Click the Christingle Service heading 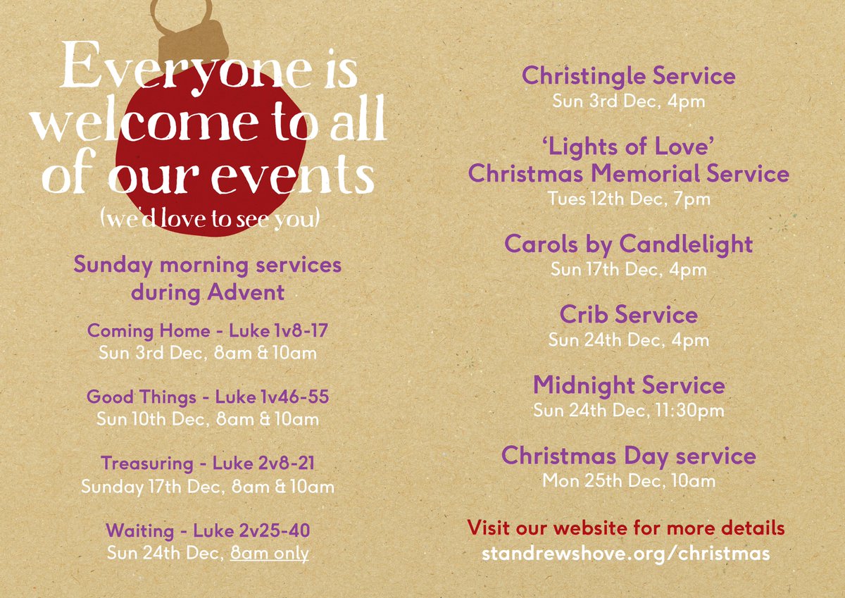(x=628, y=76)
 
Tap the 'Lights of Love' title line (x=628, y=147)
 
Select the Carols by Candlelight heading (x=628, y=244)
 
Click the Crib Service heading (x=628, y=314)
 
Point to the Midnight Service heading (x=628, y=385)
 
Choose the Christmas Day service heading (x=628, y=456)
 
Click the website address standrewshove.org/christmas (x=626, y=554)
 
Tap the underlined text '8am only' (x=270, y=553)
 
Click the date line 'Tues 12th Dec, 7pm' (x=629, y=199)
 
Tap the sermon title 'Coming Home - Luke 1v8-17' (x=207, y=330)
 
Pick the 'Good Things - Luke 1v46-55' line (x=207, y=397)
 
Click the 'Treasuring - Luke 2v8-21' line (x=207, y=463)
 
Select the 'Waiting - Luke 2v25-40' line (x=207, y=530)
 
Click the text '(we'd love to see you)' (x=211, y=219)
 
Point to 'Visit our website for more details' (x=626, y=528)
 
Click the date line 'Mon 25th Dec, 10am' (x=628, y=481)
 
